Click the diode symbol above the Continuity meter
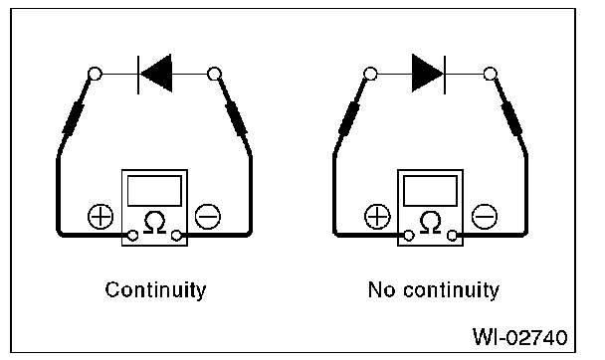tap(155, 74)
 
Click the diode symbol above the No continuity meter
tap(429, 74)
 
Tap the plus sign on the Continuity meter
tap(101, 217)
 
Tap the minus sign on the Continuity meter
tap(208, 217)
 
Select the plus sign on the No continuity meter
tap(377, 217)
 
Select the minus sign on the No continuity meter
tap(485, 217)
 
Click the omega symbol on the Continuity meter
tap(154, 223)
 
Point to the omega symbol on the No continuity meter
tap(431, 223)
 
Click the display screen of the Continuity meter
tap(154, 191)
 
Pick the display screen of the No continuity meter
tap(430, 191)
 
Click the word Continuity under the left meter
tap(155, 290)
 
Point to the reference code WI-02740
tap(520, 337)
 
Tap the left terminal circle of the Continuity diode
tap(95, 74)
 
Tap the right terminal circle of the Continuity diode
tap(214, 74)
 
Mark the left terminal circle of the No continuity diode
tap(370, 74)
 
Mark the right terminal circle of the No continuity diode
tap(490, 74)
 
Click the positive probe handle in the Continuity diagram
tap(74, 116)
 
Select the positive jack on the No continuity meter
tap(409, 235)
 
